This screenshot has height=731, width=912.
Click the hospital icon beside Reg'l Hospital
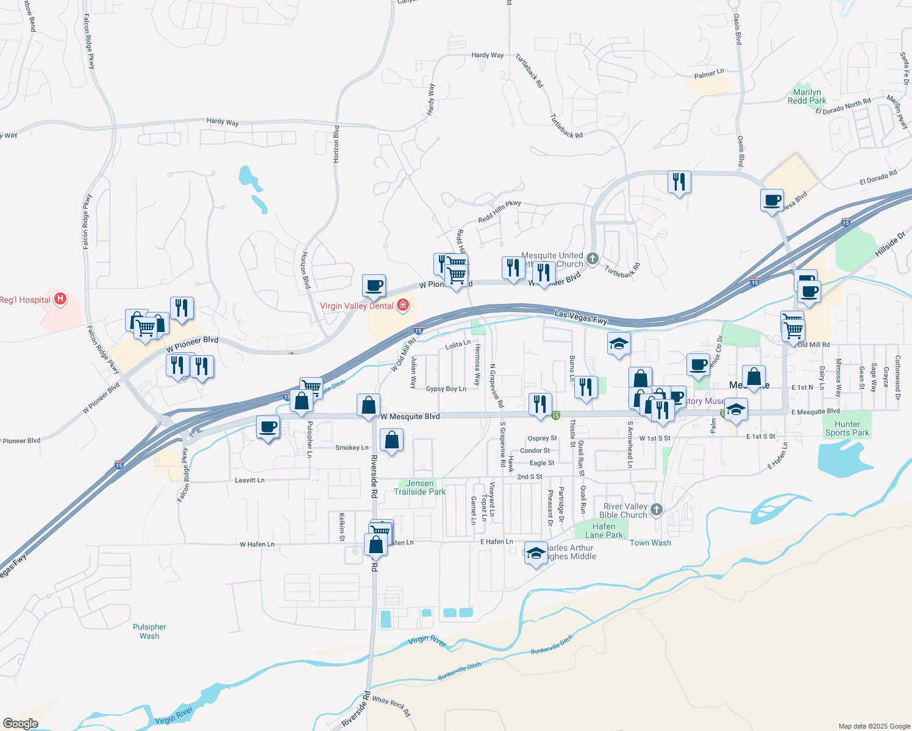pos(60,298)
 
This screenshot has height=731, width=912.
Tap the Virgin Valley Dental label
pos(357,306)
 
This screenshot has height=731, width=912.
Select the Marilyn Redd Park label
pos(807,96)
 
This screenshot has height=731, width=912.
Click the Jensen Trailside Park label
pos(419,487)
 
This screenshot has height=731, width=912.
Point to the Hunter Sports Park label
pos(847,428)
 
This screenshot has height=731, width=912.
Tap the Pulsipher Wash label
pos(149,631)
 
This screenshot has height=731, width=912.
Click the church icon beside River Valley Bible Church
pos(656,509)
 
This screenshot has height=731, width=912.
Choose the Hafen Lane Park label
pos(604,531)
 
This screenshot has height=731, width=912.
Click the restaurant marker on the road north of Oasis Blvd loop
pos(679,182)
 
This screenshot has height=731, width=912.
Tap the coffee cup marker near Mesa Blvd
pos(772,200)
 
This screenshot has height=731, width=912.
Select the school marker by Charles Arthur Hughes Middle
pos(535,553)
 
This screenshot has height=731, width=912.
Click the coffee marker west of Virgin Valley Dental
pos(374,285)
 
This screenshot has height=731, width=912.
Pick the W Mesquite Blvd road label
pos(410,417)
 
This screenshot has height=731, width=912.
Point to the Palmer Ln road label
pos(709,74)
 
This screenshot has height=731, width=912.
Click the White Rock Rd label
pos(391,706)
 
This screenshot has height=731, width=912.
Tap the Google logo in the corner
pos(20,724)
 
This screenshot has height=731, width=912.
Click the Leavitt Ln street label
pos(249,480)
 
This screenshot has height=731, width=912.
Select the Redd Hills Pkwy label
pos(499,211)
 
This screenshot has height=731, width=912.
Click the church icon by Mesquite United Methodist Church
pos(592,260)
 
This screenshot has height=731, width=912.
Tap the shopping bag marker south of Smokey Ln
pos(391,440)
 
